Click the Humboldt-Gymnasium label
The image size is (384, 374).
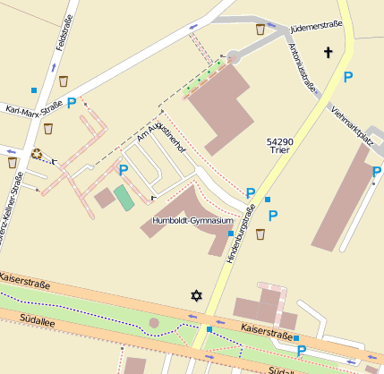[192, 220]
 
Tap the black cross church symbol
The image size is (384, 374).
[328, 54]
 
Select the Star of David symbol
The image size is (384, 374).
[197, 295]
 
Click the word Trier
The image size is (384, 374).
[278, 152]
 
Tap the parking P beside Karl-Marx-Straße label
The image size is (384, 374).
[71, 104]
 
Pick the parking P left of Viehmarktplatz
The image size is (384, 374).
[347, 78]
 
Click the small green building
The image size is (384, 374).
[124, 198]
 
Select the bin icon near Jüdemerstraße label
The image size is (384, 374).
[260, 30]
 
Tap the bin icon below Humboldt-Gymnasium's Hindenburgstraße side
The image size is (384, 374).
[260, 234]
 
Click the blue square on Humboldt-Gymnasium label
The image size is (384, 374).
[231, 234]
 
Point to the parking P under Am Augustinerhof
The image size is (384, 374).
[124, 169]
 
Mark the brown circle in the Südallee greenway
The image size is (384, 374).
[154, 321]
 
